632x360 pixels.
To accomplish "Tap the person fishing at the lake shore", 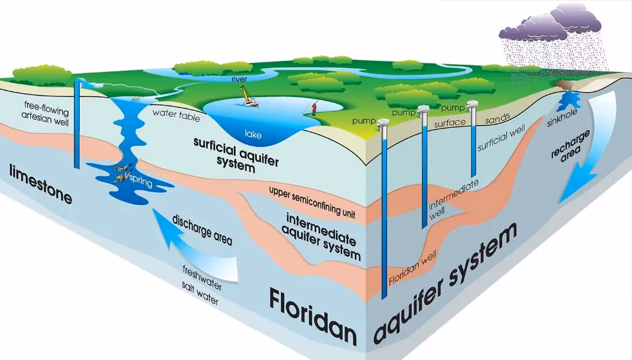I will click(x=314, y=107).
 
